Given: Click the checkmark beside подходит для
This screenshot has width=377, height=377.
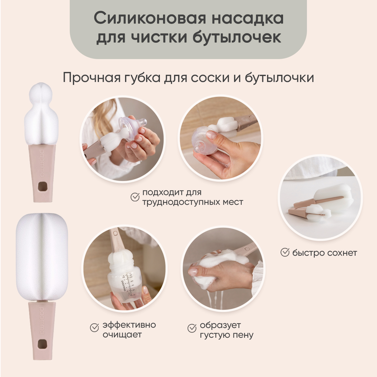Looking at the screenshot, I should click(x=135, y=197).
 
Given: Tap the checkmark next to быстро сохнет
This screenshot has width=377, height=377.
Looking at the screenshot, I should click(x=285, y=252).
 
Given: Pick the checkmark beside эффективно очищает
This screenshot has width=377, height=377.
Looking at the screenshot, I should click(x=95, y=327).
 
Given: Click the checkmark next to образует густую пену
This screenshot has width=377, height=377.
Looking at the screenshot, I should click(x=192, y=328).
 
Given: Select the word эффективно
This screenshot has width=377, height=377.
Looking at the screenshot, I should click(x=129, y=325).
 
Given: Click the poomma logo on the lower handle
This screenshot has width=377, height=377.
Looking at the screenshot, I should click(x=42, y=320).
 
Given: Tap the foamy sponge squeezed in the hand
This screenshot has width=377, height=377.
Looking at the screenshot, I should click(x=214, y=267).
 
